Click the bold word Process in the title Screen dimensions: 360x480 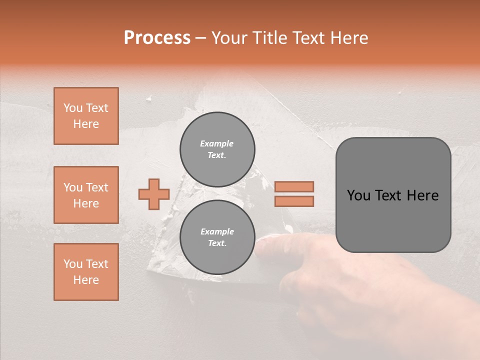point(157,38)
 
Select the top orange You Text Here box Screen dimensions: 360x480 point(86,116)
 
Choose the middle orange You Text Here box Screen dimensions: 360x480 point(86,195)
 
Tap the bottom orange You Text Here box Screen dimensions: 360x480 point(86,272)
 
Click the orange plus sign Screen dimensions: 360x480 point(154,194)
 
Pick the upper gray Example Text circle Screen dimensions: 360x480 point(217,149)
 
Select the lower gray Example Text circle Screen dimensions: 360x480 point(217,237)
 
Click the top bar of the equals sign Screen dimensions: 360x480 point(294,187)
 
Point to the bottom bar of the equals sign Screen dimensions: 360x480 point(294,201)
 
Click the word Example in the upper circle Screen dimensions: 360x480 point(216,143)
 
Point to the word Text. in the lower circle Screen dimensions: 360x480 point(217,243)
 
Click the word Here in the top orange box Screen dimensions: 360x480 point(86,124)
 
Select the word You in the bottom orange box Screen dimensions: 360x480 point(72,264)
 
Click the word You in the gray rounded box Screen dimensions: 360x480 point(358,195)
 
